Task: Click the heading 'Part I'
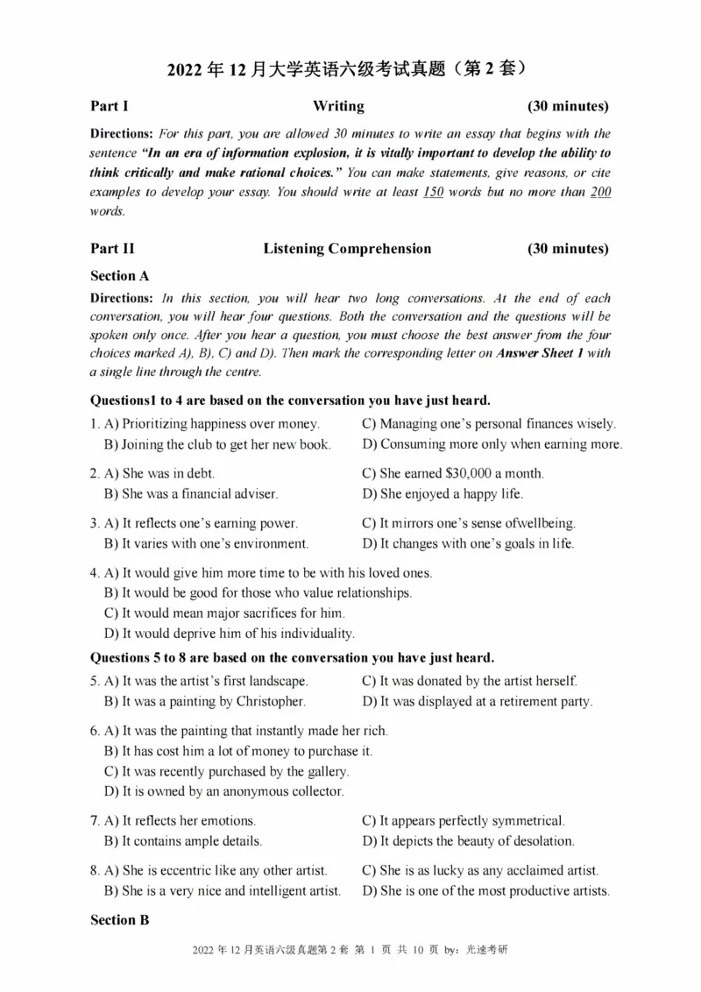110,106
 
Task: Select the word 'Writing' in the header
338,106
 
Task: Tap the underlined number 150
433,192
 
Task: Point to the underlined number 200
600,192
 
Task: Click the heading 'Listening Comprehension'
347,248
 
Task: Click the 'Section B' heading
120,920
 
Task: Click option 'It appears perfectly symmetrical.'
464,821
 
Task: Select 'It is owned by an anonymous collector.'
223,791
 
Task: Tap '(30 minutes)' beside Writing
568,106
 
